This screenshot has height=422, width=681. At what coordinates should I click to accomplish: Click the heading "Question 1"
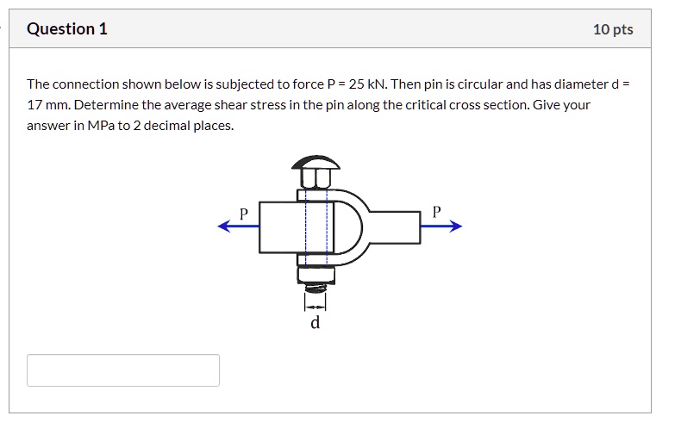[67, 29]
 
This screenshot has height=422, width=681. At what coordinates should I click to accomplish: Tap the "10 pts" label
[612, 29]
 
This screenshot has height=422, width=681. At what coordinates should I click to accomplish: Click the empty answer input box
[123, 370]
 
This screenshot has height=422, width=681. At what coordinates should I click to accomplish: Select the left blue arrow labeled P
[238, 227]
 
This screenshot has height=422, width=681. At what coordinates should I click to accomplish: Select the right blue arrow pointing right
[441, 227]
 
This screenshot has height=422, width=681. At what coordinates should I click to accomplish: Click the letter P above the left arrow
[244, 212]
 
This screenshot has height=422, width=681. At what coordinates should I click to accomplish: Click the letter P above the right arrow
[436, 211]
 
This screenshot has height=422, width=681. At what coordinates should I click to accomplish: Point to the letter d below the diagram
[315, 324]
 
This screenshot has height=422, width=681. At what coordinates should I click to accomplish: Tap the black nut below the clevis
[315, 275]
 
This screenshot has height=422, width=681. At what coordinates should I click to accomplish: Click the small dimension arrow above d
[316, 306]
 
